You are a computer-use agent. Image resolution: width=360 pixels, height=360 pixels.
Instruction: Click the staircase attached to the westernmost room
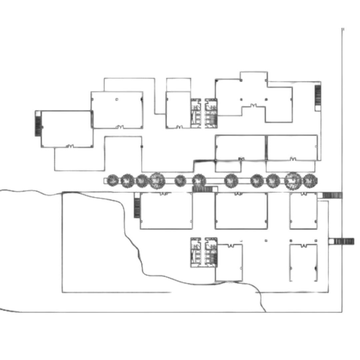[x=38, y=124]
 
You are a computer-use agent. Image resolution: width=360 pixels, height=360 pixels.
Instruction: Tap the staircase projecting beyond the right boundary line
[x=344, y=241]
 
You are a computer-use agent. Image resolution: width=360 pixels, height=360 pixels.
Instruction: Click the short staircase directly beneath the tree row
[x=202, y=189]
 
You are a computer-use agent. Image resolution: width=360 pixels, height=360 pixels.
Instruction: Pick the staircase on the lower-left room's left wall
[x=137, y=208]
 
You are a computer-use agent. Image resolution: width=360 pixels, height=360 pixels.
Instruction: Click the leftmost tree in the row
[x=113, y=180]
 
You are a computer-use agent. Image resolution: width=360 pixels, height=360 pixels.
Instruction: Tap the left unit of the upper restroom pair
[x=196, y=113]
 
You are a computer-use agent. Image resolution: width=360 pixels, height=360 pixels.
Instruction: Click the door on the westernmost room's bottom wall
[x=70, y=146]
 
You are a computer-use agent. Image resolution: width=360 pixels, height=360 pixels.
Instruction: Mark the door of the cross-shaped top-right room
[x=254, y=106]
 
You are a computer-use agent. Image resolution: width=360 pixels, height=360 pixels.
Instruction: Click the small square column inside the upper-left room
[x=117, y=99]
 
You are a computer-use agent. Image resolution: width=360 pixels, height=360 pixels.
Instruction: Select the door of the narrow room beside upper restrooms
[x=179, y=127]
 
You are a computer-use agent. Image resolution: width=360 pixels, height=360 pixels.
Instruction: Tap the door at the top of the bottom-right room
[x=304, y=246]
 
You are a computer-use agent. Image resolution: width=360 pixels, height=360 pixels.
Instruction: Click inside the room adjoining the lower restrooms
[x=229, y=263]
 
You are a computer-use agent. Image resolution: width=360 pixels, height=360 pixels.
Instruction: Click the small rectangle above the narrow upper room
[x=179, y=85]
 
